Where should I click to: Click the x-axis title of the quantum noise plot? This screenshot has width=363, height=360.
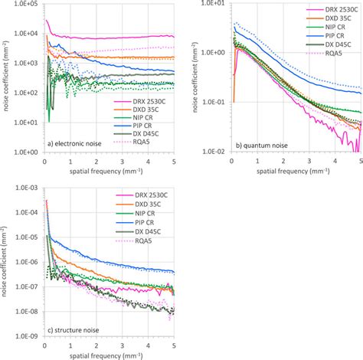[295, 172]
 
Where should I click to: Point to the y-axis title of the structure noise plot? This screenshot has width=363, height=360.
[6, 260]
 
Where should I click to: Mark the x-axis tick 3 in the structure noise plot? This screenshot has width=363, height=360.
[125, 345]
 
